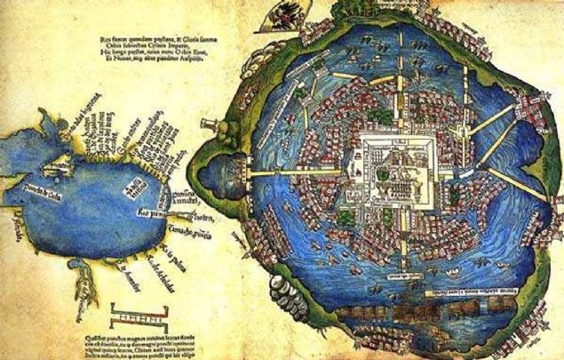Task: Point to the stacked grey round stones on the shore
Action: [x=279, y=289]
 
